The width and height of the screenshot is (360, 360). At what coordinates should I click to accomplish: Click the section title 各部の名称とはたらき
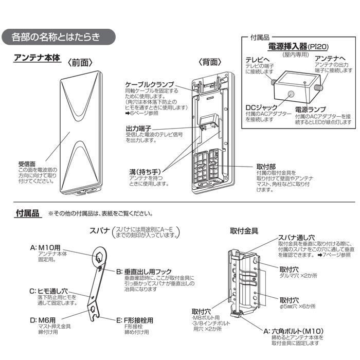58,37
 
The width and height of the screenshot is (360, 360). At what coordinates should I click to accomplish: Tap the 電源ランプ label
310,110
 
